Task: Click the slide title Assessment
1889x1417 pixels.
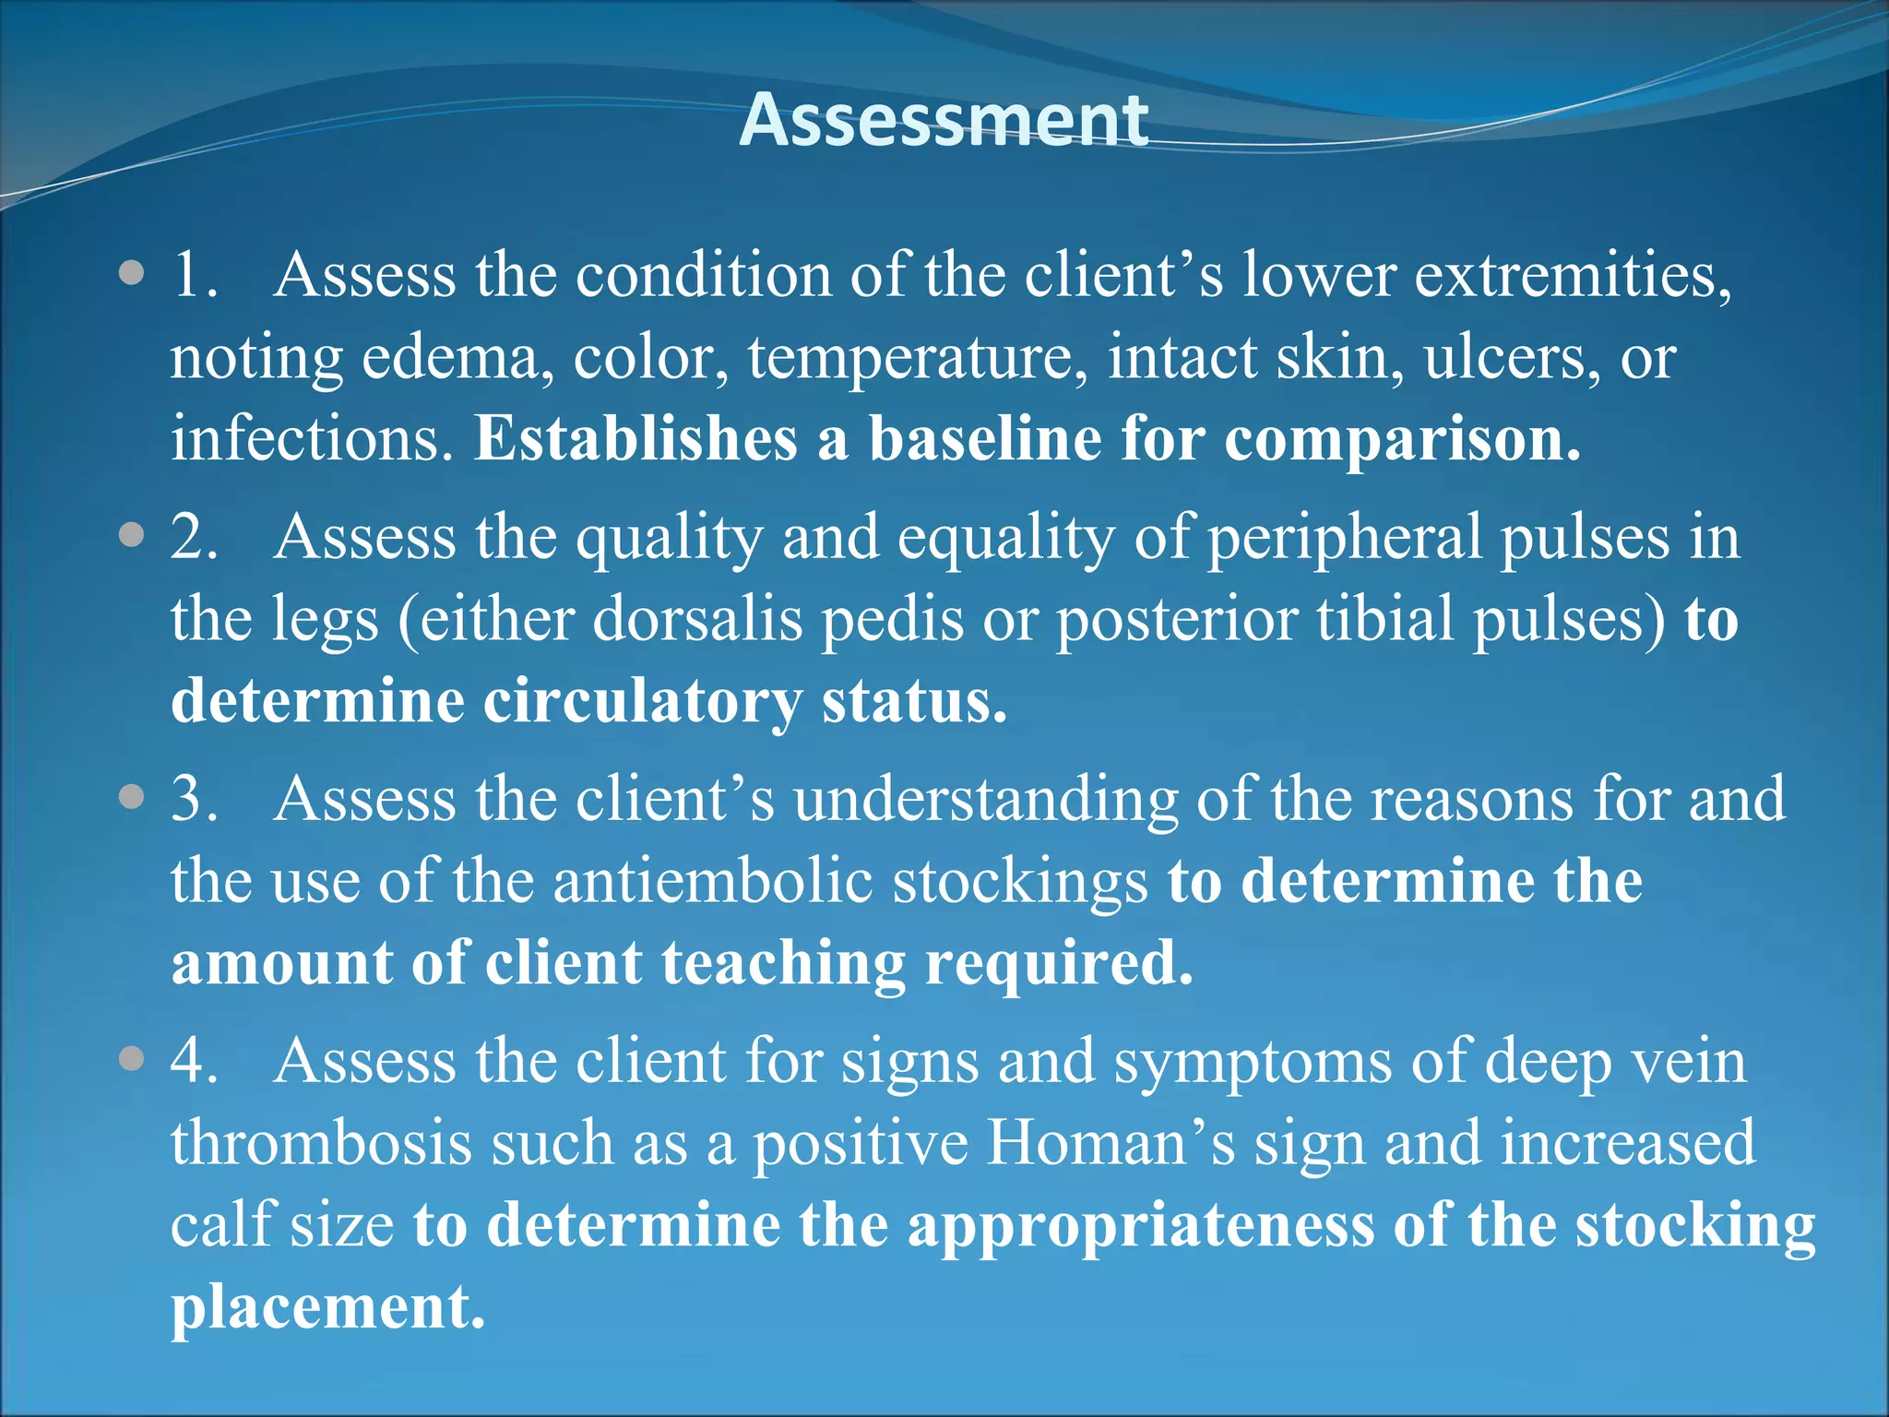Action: click(944, 120)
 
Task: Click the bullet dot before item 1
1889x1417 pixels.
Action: click(132, 274)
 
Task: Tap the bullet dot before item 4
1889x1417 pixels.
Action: click(132, 1059)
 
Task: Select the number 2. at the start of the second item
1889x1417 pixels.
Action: click(195, 536)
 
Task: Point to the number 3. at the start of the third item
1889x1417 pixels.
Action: click(195, 798)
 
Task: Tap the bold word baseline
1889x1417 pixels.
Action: click(984, 438)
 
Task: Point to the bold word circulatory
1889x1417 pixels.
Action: click(642, 702)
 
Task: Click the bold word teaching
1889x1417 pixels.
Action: click(783, 964)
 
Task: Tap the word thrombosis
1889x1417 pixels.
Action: click(320, 1143)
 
